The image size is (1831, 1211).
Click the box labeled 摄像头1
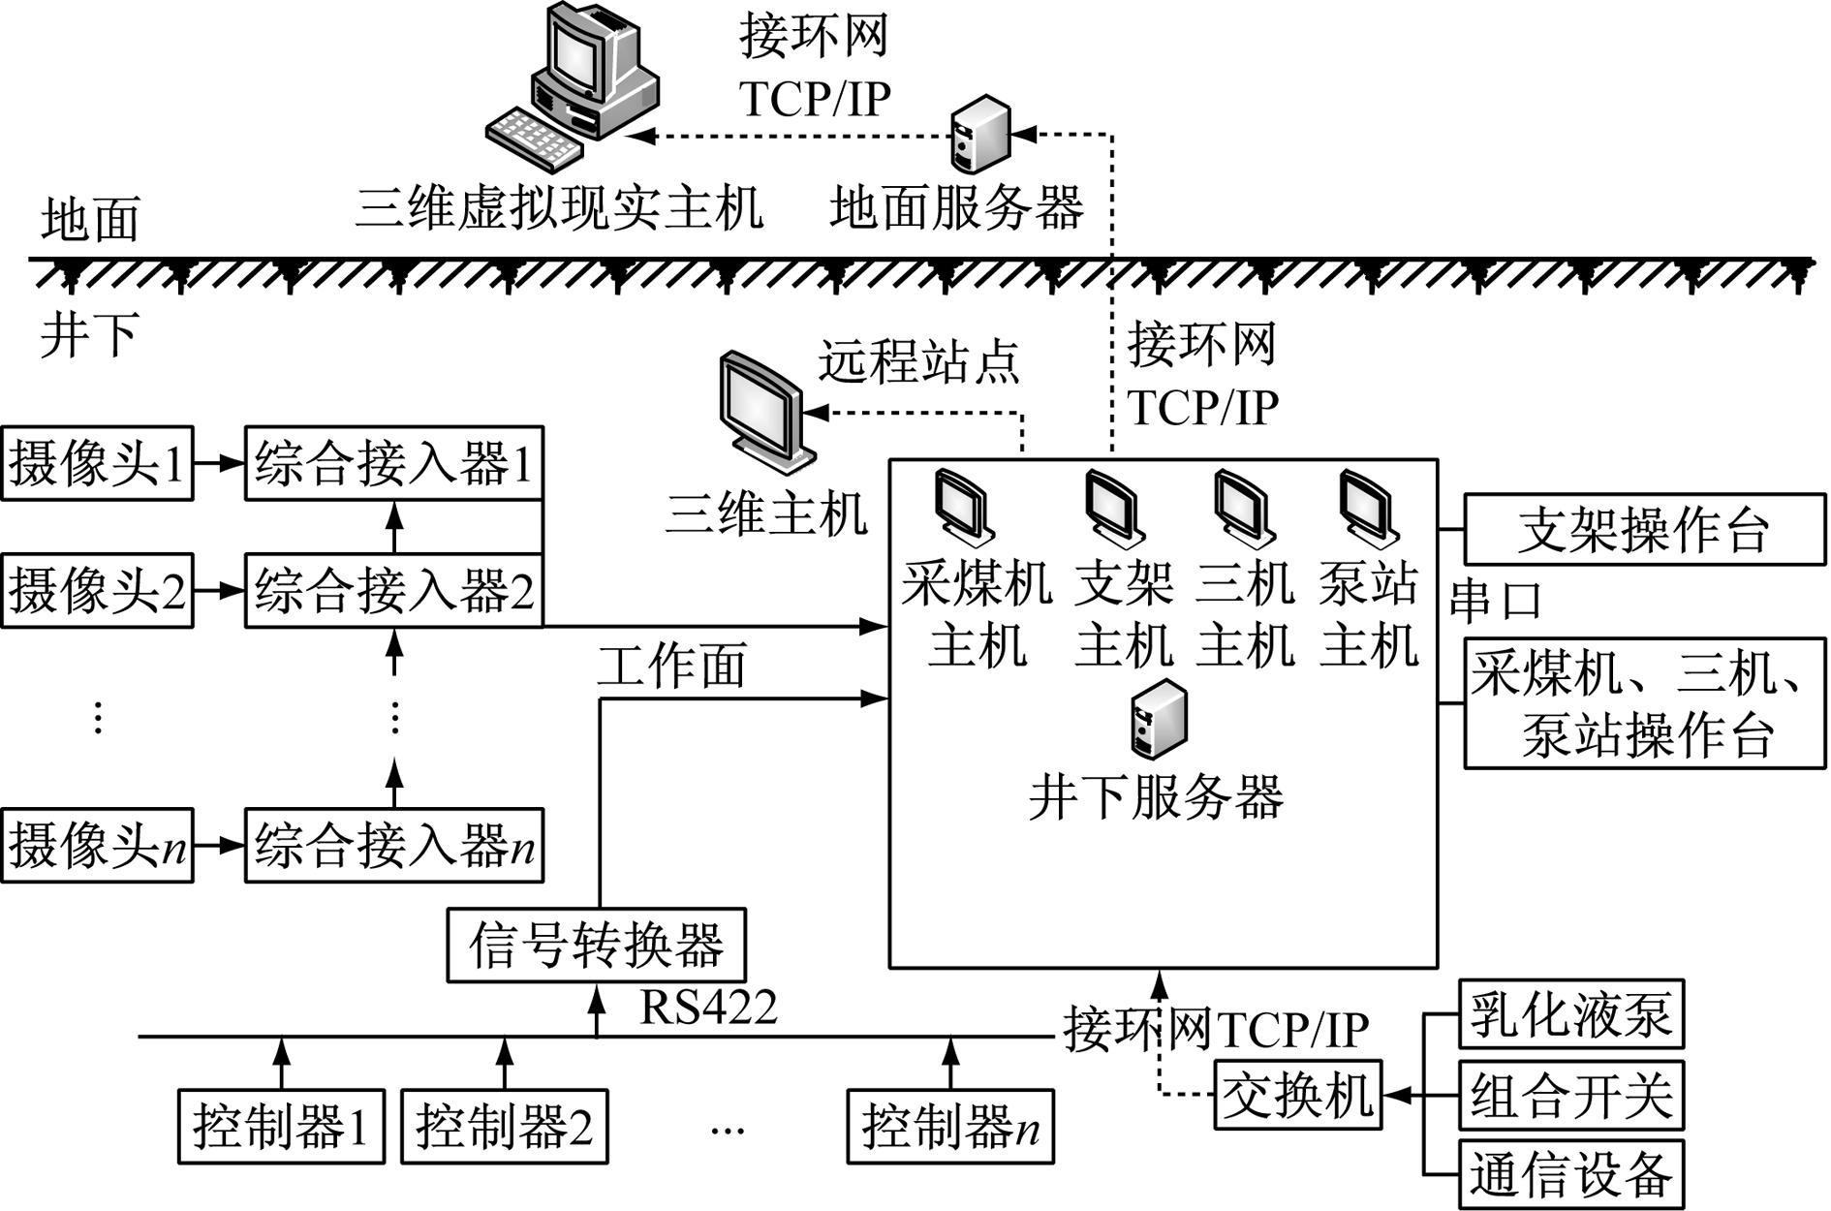97,463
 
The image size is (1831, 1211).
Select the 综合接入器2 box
393,590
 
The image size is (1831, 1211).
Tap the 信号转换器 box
596,945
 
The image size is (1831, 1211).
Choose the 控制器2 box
504,1127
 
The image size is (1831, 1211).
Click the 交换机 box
1298,1096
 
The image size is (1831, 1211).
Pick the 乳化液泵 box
1570,1014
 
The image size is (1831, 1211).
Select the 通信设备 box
1570,1174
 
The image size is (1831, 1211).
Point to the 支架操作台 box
1644,529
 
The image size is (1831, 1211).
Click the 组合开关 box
1570,1095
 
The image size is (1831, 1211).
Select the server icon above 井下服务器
1159,719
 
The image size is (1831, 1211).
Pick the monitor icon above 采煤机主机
963,508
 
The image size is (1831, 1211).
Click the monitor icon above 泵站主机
1368,508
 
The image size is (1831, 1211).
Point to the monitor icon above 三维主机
761,412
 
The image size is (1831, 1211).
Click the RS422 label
708,1008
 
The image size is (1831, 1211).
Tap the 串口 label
1495,601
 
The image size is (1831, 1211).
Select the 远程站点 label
918,361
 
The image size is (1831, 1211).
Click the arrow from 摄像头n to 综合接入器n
219,845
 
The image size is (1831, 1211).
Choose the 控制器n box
949,1127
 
